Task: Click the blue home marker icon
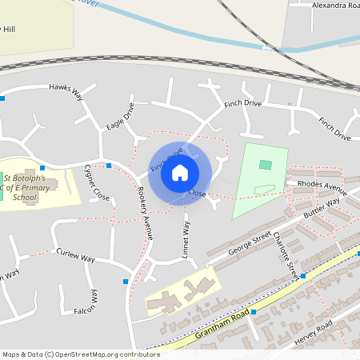(x=180, y=172)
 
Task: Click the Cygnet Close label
(x=96, y=182)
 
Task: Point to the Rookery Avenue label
(x=144, y=214)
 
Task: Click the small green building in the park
(x=266, y=165)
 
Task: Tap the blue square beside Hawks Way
(x=2, y=98)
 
